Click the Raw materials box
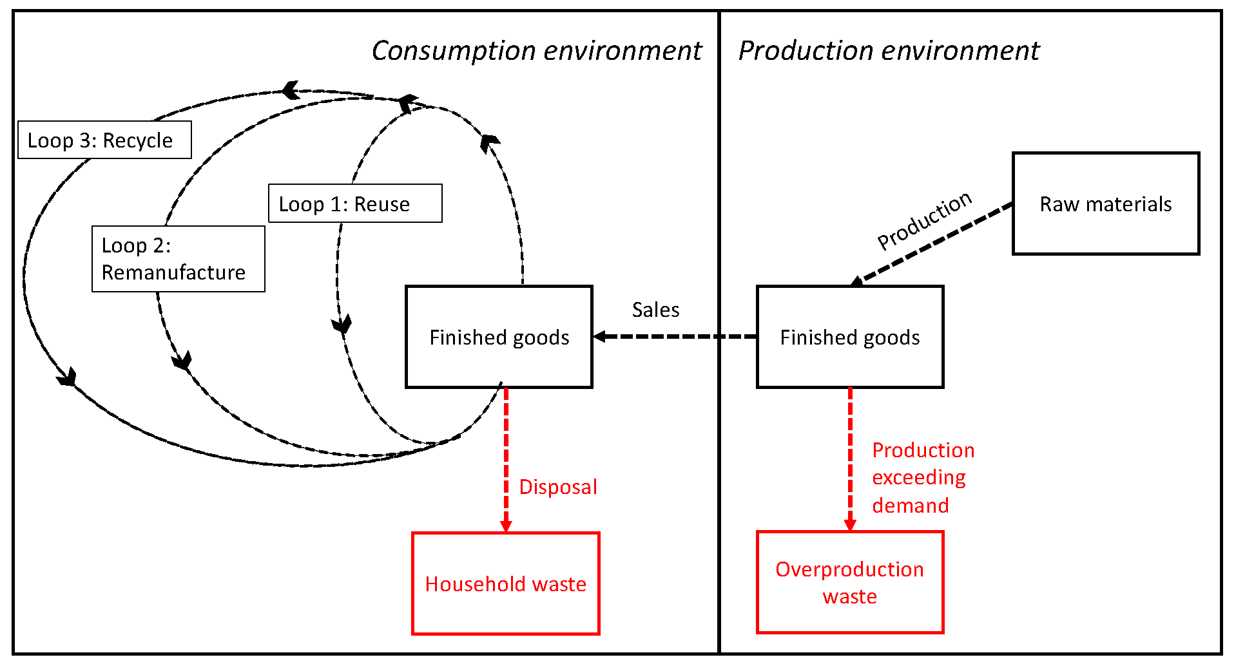pos(1105,204)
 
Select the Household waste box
pos(505,583)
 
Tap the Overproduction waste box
pos(849,582)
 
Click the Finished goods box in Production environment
pos(849,337)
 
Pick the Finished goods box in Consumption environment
pos(499,337)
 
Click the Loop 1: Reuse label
pos(355,204)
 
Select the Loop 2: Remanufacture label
pos(178,258)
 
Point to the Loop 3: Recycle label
pos(104,140)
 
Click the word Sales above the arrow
pos(655,310)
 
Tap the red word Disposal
pos(558,487)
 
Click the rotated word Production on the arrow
pos(924,220)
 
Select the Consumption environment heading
pos(536,51)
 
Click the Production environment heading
pos(888,51)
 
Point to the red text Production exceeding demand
pos(922,477)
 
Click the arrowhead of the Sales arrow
pos(600,336)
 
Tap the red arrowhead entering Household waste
pos(506,526)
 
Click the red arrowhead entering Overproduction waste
pos(850,524)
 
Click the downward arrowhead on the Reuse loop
pos(342,325)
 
